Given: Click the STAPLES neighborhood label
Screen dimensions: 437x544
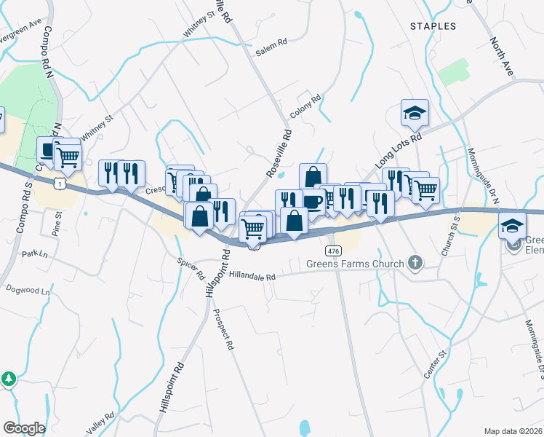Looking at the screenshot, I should (x=433, y=26).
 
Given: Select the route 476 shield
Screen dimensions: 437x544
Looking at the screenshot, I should (x=333, y=251).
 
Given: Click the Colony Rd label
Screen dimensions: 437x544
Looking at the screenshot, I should (x=305, y=106).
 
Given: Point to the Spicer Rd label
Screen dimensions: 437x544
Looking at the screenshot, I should (x=191, y=269).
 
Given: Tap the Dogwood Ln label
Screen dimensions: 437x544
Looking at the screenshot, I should (x=28, y=291).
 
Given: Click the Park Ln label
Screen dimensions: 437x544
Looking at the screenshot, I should (x=34, y=254).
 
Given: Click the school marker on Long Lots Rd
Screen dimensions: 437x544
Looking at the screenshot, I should (x=415, y=113).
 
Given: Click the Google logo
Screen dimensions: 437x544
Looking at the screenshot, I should (x=24, y=428).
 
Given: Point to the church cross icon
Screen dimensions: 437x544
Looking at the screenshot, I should (x=415, y=262).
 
